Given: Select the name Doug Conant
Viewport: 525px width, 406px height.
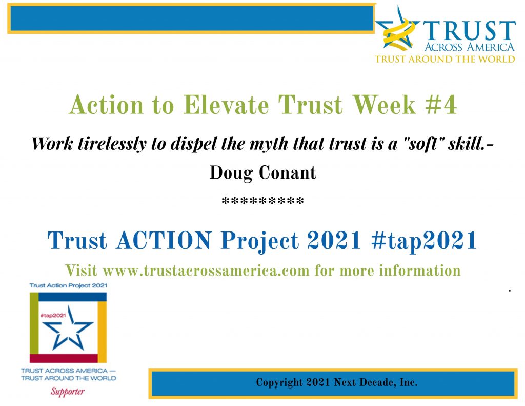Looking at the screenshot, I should (x=262, y=173).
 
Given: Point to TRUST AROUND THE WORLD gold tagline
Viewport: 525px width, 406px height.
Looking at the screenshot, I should (x=445, y=59).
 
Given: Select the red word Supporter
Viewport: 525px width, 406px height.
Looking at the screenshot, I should (x=68, y=392).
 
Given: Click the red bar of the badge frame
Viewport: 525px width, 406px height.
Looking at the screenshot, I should (x=64, y=358).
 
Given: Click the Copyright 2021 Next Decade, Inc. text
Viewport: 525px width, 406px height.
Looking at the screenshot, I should (x=336, y=382).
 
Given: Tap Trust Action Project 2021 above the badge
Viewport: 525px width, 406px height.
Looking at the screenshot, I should (x=68, y=285).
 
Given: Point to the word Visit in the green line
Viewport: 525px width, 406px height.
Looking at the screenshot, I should (x=82, y=270).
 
